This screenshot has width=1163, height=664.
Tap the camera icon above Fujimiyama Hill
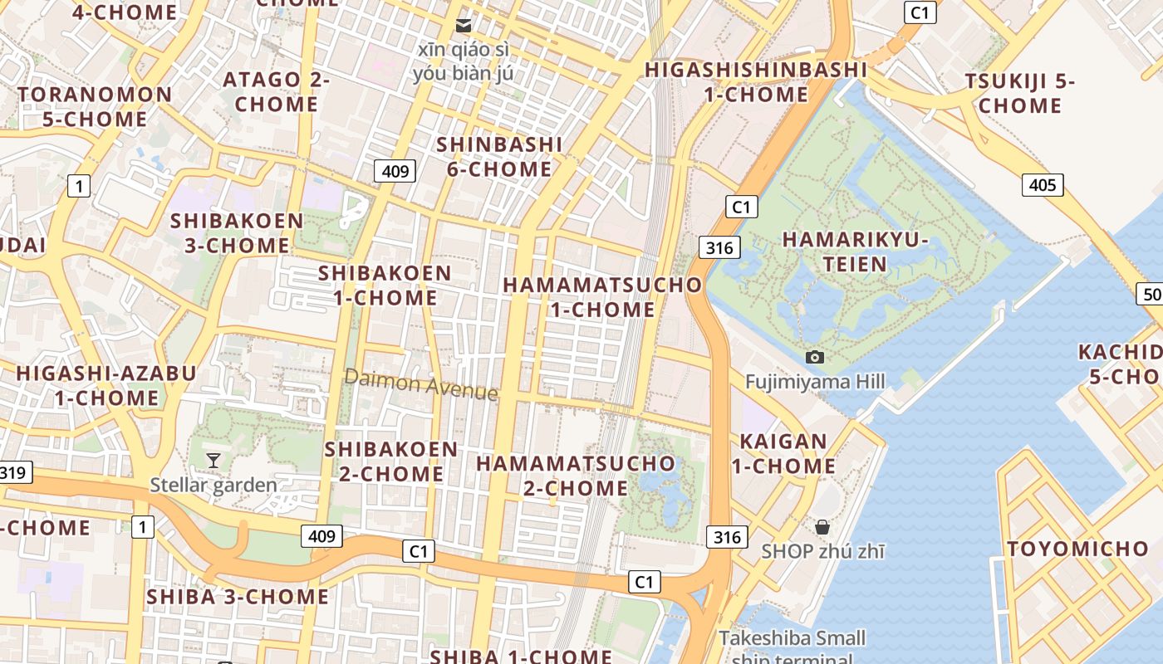(x=815, y=357)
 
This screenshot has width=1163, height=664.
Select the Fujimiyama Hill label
(x=815, y=382)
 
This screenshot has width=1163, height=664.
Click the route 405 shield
(x=1043, y=184)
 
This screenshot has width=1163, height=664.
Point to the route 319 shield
(x=14, y=473)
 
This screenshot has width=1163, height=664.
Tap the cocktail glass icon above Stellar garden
(x=213, y=460)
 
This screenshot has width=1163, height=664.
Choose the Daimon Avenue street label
(x=421, y=384)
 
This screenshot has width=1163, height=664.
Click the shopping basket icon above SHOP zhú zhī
(x=822, y=527)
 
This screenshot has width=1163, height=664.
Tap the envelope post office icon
(x=464, y=26)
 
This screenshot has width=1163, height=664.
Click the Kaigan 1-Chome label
(x=783, y=453)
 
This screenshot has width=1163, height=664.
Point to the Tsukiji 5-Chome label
(x=1019, y=94)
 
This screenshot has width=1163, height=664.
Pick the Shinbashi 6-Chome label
(x=499, y=157)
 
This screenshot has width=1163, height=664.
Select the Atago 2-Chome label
(x=277, y=92)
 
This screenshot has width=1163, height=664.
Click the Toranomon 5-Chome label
(x=95, y=106)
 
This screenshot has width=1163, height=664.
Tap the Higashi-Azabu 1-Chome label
(x=106, y=385)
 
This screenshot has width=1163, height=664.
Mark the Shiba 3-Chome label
(x=238, y=597)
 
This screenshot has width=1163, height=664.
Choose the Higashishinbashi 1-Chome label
(x=756, y=81)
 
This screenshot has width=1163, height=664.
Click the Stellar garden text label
(x=213, y=485)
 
